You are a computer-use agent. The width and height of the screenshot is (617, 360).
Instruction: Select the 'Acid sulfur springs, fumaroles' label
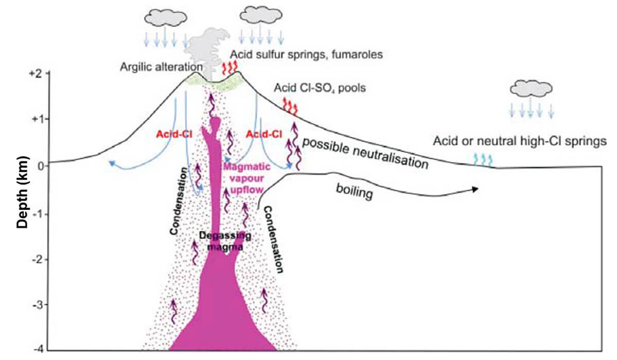coord(306,53)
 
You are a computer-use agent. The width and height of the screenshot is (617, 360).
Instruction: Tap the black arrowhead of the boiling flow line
coord(475,189)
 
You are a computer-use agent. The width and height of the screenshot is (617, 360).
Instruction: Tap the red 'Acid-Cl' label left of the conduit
coord(170,134)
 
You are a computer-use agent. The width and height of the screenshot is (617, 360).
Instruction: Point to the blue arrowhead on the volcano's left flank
coord(111,163)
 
